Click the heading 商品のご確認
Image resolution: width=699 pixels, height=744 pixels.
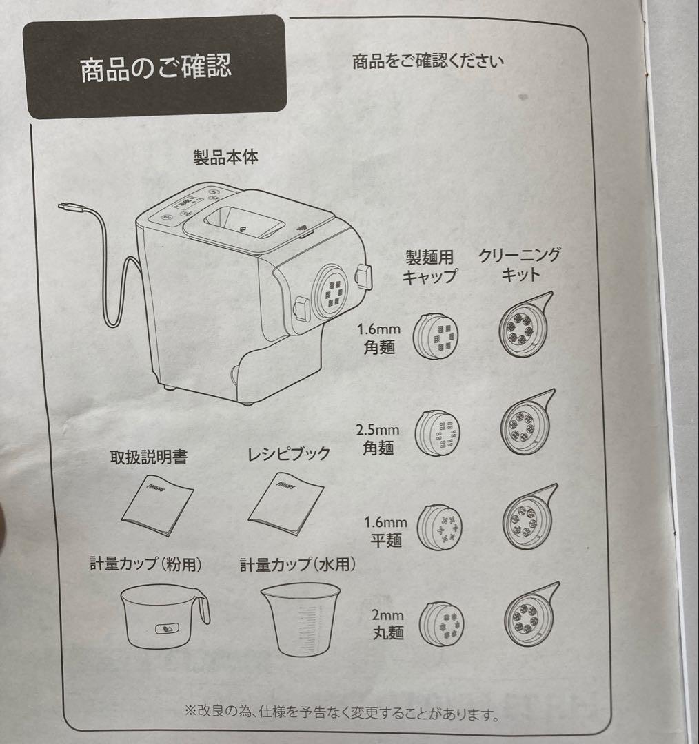[x=155, y=68]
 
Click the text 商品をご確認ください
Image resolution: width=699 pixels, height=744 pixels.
[x=427, y=61]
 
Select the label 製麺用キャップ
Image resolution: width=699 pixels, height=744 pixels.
[x=430, y=266]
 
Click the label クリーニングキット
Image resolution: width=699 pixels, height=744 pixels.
[x=520, y=264]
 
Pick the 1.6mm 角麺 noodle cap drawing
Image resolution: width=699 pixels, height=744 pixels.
[x=435, y=335]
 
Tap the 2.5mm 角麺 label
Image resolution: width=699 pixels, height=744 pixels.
[x=378, y=438]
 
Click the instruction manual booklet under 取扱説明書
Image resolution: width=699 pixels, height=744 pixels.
[x=158, y=504]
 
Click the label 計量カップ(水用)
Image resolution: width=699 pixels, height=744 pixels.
[x=298, y=566]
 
